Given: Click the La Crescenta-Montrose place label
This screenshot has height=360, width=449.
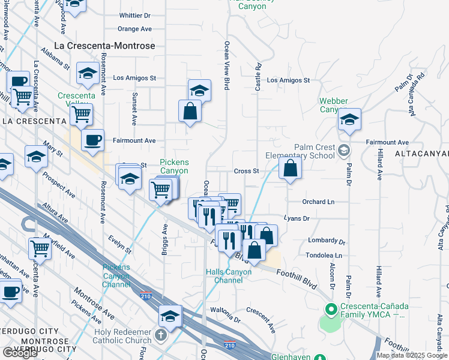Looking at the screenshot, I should (104, 46).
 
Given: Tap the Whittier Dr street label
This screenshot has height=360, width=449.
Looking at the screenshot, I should (135, 15).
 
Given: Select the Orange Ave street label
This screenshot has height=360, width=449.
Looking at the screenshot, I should (134, 29).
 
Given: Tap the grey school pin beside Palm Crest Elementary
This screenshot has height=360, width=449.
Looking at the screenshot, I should (344, 149).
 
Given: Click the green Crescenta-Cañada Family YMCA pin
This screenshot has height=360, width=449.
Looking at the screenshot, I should (329, 310).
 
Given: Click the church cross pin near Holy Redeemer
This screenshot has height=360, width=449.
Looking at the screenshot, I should (161, 335).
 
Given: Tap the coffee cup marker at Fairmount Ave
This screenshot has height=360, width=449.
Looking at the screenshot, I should (92, 141).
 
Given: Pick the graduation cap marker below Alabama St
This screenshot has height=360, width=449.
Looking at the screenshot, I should (88, 74).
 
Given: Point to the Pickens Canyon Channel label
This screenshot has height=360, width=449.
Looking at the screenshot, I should (116, 275).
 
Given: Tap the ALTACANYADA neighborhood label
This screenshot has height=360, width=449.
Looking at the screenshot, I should (422, 154).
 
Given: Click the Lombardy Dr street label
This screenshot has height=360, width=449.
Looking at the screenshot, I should (327, 241).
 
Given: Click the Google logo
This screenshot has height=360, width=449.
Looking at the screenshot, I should (20, 353).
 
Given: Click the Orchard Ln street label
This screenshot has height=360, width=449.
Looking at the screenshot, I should (318, 202).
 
